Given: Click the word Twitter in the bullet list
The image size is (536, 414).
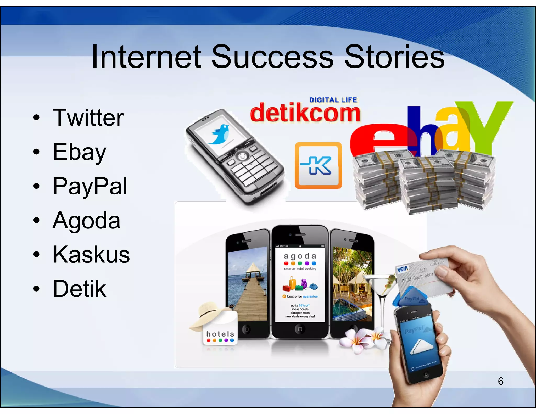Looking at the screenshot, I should (x=88, y=118).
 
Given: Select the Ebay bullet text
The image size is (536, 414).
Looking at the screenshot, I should (x=79, y=152).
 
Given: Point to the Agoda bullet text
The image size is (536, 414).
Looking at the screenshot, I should (x=86, y=221).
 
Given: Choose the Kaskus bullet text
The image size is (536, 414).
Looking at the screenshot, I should (x=91, y=255).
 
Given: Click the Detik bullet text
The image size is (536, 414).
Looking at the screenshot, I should (x=79, y=289).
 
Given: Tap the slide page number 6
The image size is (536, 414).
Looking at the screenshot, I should (x=500, y=381).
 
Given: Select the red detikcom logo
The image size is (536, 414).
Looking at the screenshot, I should (x=305, y=113).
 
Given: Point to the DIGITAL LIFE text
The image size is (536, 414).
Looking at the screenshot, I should (x=333, y=100).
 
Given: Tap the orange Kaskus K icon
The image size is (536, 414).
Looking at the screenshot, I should (x=318, y=165).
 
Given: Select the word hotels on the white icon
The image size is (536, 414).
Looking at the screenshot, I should (x=220, y=334).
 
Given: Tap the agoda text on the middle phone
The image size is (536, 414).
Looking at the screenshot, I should (x=300, y=256).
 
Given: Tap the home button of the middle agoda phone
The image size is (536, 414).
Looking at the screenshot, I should (x=300, y=329).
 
